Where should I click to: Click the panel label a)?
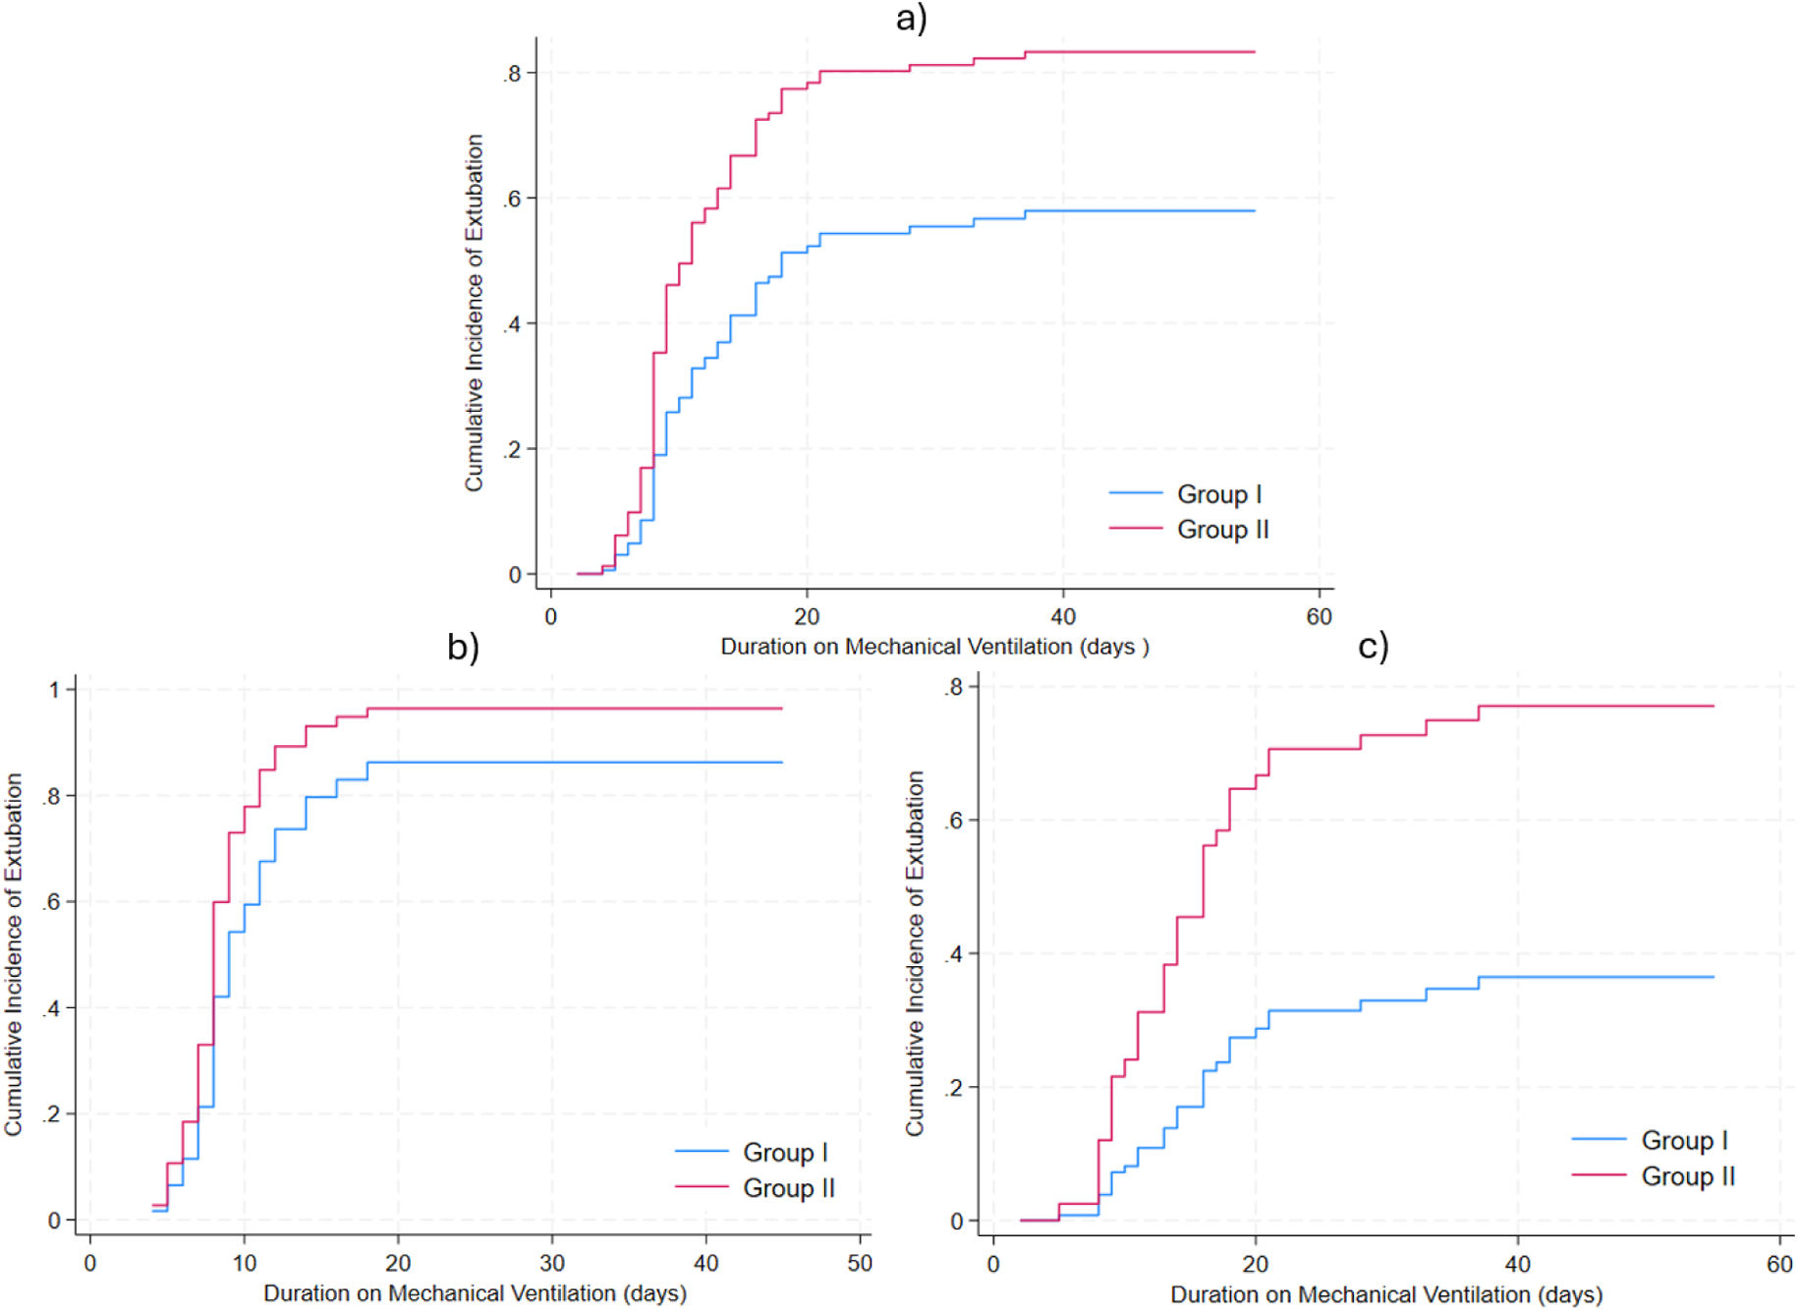coord(911,18)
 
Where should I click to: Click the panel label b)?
coord(463,647)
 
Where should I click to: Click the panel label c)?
coord(1373,647)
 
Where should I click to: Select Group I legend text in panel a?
coord(1219,494)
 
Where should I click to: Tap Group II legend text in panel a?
coord(1223,530)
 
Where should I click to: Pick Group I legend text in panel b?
coord(785,1152)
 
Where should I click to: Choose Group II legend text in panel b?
coord(789,1188)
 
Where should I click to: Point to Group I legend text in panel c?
coord(1684,1140)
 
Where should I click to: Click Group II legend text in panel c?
coord(1688,1176)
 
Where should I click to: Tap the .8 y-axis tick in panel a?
coord(512,74)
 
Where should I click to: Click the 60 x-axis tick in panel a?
coord(1319,617)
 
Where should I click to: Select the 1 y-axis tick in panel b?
coord(55,690)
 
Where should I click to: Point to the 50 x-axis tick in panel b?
coord(860,1263)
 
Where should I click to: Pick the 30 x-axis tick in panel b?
coord(552,1263)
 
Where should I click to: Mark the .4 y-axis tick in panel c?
coord(953,954)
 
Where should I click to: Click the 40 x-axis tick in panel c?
coord(1517,1264)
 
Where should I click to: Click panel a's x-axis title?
coord(934,647)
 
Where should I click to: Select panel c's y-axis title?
coord(915,953)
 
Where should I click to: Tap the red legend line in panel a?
coord(1136,529)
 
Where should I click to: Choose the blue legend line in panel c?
coord(1599,1139)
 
